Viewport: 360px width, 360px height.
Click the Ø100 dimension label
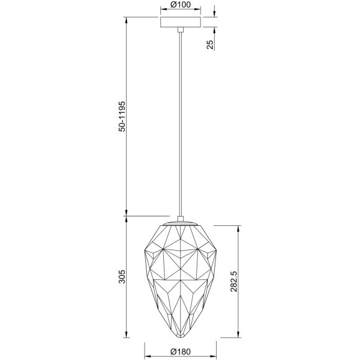179,6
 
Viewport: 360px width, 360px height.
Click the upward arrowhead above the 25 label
214,32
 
